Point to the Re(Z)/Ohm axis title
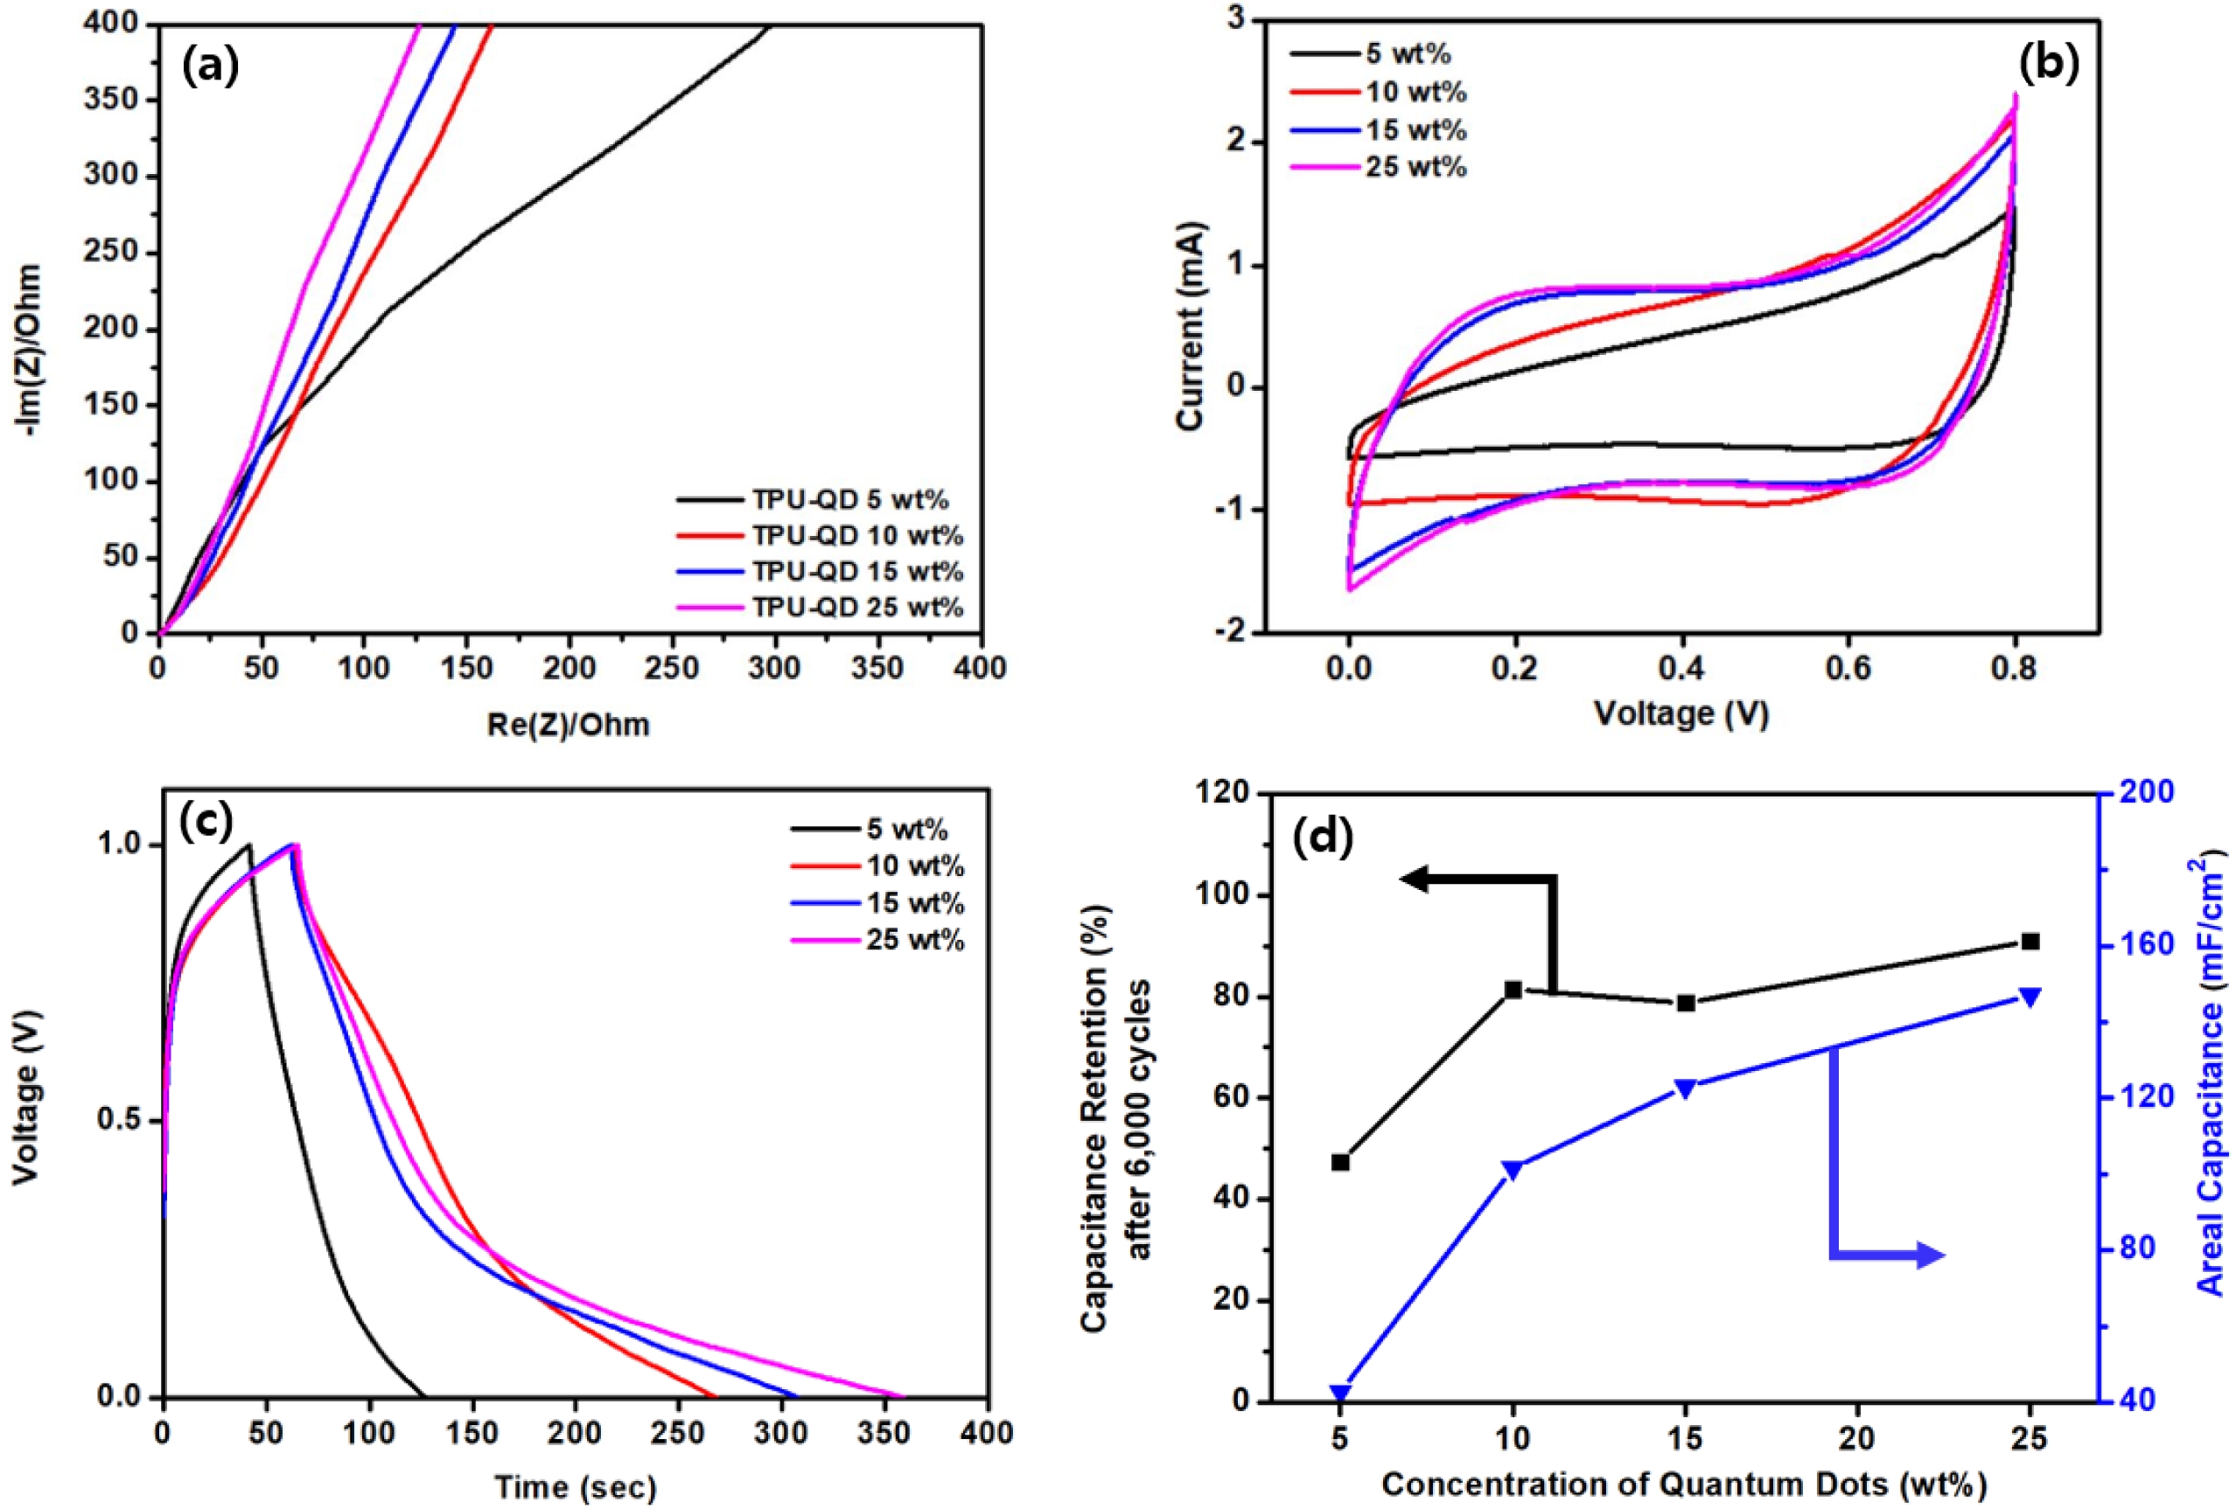[568, 724]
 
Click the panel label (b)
[2047, 63]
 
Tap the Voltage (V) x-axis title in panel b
[1680, 713]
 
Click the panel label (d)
[1324, 836]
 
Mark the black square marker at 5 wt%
[1340, 1163]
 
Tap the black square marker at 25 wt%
[2030, 942]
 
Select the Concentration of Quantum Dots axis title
[1684, 1484]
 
